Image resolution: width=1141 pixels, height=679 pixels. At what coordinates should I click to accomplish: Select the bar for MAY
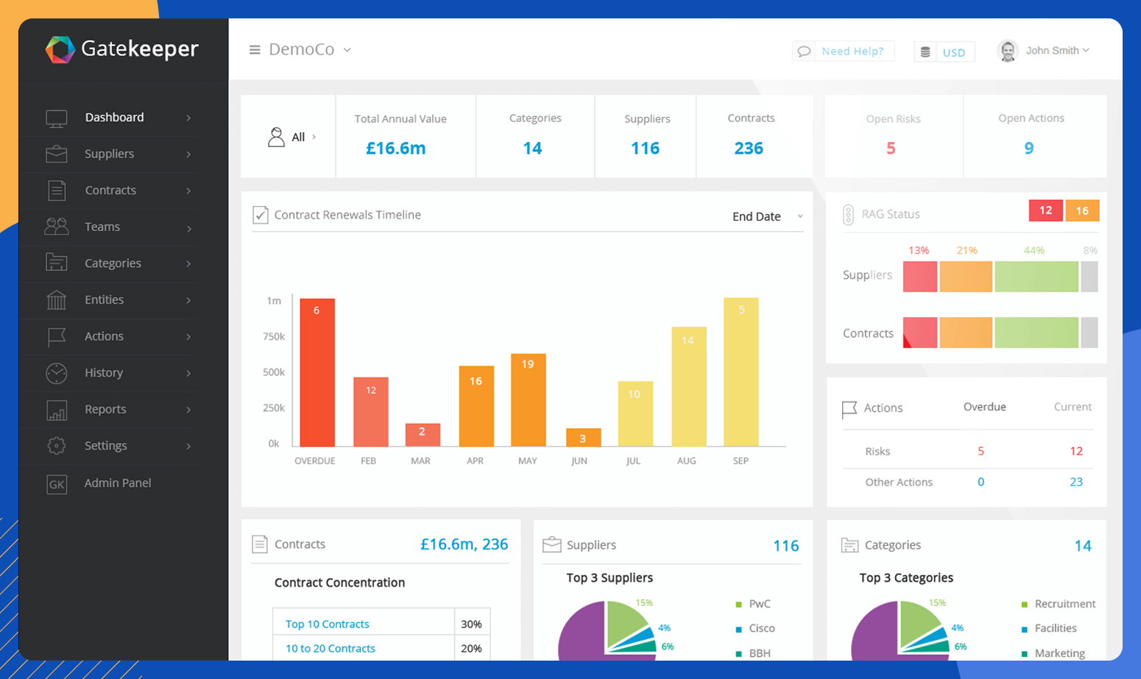(x=528, y=400)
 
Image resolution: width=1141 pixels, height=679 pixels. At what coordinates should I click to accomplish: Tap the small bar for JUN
(x=583, y=438)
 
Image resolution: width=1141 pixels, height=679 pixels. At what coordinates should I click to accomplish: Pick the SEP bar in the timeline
(x=741, y=372)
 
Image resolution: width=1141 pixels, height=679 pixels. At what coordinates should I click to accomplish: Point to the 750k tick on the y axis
(x=274, y=336)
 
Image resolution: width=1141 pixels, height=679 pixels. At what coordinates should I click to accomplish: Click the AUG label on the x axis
(x=686, y=461)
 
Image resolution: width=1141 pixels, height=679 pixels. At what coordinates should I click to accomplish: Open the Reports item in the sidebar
(x=105, y=410)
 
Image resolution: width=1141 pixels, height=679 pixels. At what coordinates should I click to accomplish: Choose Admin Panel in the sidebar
(x=117, y=483)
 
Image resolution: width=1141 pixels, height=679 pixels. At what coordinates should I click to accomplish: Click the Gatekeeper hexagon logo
(x=60, y=50)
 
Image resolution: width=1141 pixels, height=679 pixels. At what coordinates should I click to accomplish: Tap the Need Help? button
(x=844, y=51)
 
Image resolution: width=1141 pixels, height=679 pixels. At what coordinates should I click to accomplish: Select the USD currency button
(x=944, y=52)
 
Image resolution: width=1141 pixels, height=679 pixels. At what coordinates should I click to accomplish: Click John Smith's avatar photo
(x=1007, y=51)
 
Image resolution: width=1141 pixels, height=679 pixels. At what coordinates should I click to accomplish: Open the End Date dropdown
(x=766, y=216)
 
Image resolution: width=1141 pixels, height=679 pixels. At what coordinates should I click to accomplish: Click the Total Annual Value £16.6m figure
(x=396, y=149)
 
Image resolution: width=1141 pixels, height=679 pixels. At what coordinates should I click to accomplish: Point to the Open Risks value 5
(x=891, y=149)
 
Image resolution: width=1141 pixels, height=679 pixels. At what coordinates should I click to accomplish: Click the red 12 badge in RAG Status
(x=1045, y=210)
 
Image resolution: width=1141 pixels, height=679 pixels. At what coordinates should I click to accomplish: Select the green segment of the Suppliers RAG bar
(x=1036, y=277)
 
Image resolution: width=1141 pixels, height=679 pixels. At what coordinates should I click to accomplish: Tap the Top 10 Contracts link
(x=327, y=624)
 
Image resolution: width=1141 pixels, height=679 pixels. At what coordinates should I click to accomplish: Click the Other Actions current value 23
(x=1075, y=482)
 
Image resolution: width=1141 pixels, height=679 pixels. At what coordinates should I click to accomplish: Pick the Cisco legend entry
(x=761, y=628)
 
